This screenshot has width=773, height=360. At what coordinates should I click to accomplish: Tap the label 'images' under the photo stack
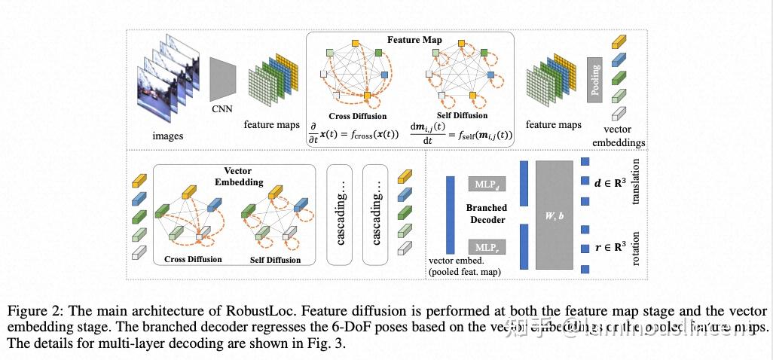click(x=167, y=136)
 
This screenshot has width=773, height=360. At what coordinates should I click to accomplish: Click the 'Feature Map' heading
click(x=415, y=39)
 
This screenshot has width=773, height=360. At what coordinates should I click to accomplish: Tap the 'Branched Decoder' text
click(x=487, y=214)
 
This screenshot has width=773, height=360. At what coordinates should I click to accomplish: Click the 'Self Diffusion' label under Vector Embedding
click(x=275, y=260)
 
